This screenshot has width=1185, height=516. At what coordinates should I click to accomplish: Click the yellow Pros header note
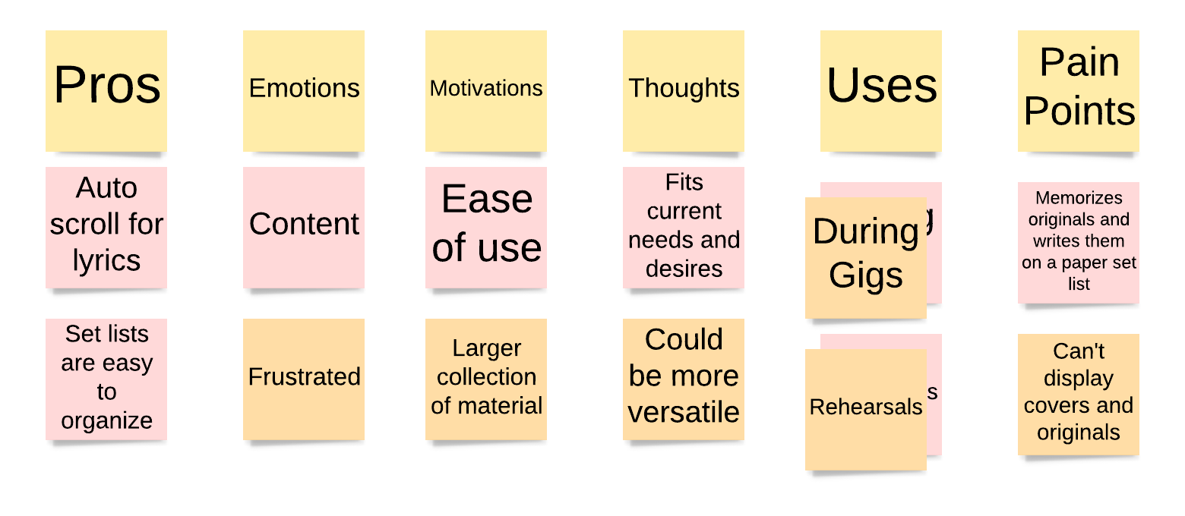[106, 91]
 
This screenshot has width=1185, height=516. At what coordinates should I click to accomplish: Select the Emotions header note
[304, 91]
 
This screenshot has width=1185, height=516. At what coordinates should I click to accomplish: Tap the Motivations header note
[486, 91]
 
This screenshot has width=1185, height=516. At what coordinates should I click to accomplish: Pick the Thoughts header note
[684, 91]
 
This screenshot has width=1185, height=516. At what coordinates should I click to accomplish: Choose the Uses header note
[881, 91]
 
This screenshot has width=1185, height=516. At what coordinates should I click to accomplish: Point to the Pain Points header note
[1079, 91]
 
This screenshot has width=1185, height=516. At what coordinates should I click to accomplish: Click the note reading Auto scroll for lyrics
[106, 228]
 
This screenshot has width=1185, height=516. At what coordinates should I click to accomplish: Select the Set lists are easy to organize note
[106, 379]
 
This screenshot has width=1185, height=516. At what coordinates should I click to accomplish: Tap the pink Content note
[304, 228]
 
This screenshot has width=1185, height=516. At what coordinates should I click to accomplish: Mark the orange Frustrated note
[304, 379]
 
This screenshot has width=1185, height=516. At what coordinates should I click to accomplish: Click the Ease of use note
[486, 228]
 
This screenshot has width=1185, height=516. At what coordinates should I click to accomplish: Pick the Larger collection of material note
[486, 379]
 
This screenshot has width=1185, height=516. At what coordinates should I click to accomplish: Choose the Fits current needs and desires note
[684, 228]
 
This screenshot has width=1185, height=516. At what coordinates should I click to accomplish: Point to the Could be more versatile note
[684, 379]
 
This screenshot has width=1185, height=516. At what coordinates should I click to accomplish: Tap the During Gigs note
[866, 258]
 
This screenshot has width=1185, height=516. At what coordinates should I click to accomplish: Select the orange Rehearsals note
[866, 410]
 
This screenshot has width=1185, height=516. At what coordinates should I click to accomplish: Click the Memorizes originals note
[1079, 243]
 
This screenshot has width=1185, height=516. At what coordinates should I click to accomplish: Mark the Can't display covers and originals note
[1079, 395]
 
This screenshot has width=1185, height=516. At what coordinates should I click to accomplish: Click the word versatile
[684, 413]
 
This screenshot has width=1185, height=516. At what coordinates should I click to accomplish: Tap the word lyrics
[106, 260]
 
